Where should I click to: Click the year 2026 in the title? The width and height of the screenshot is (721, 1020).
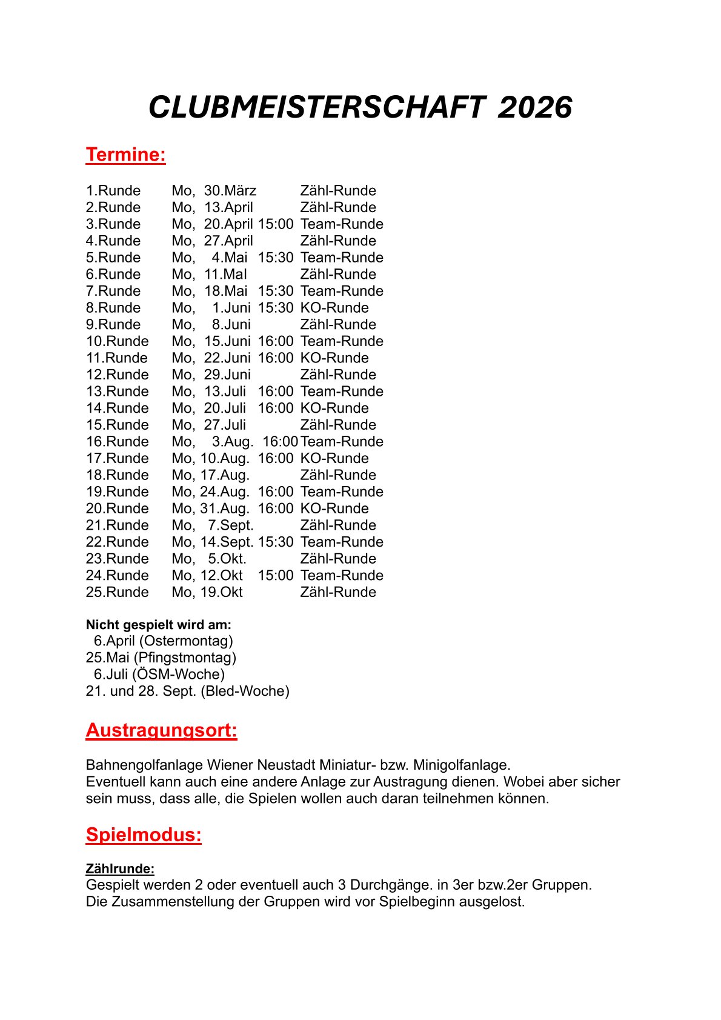click(534, 108)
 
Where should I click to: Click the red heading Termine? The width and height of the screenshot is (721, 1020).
click(125, 155)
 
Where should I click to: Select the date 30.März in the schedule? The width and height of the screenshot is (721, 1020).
click(230, 191)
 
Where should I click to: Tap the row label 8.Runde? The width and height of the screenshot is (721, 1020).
click(113, 308)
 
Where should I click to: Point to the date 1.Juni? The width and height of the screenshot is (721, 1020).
click(231, 308)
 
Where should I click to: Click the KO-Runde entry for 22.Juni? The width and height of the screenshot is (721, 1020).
click(334, 358)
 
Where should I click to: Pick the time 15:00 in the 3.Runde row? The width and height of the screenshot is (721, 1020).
click(276, 224)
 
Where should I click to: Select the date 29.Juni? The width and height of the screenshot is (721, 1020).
click(227, 375)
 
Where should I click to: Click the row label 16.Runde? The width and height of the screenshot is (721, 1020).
click(117, 442)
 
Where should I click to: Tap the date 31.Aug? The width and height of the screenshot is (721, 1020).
click(224, 509)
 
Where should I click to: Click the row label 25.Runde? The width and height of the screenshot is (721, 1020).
click(117, 593)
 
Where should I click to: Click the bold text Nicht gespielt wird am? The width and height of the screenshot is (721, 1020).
click(159, 625)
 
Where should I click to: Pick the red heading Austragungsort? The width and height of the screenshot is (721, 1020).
click(161, 730)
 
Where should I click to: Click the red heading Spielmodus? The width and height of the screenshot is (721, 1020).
click(144, 835)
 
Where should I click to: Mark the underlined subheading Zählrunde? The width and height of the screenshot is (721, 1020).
click(120, 869)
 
